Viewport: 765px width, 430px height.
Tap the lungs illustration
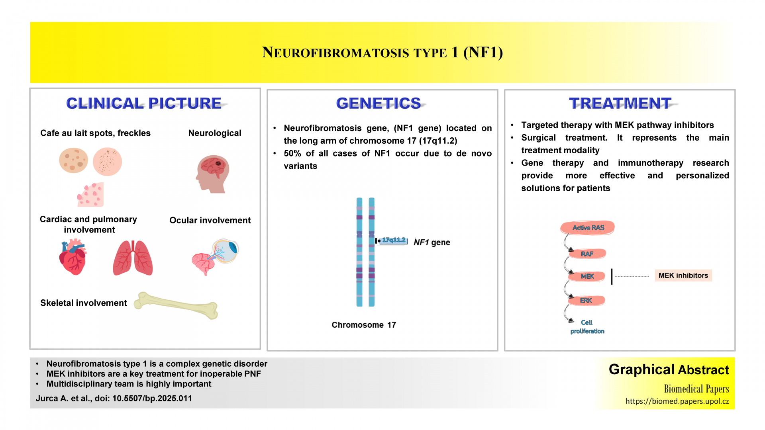(133, 258)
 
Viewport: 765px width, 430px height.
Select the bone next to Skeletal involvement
(176, 305)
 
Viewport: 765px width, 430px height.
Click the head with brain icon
(212, 174)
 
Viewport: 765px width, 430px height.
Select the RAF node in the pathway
(587, 254)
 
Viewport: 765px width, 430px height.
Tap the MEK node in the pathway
(587, 276)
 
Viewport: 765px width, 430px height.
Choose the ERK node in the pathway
(586, 300)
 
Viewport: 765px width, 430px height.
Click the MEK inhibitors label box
(683, 276)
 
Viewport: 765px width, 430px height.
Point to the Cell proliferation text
(587, 326)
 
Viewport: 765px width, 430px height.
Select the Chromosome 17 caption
(364, 325)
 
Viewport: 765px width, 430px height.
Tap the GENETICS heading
(379, 103)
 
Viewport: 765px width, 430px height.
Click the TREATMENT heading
(620, 103)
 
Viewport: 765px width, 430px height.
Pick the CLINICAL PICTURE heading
(144, 103)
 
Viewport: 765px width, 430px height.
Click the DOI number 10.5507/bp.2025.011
(152, 399)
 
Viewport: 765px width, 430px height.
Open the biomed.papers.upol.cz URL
(677, 401)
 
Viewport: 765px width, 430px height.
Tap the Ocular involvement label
(210, 220)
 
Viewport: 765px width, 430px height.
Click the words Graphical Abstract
(669, 369)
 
